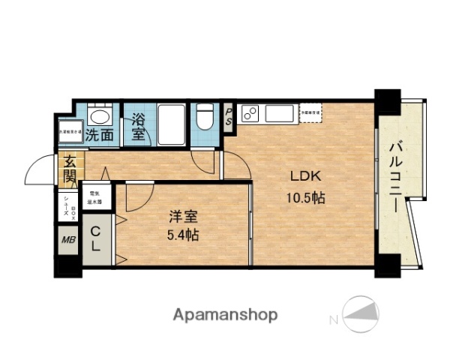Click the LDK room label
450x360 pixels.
(306, 178)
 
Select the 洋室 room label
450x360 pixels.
(182, 217)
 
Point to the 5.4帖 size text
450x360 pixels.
(182, 235)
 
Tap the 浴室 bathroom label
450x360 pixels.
(139, 127)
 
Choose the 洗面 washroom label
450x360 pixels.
(99, 136)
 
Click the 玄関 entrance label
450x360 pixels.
(69, 169)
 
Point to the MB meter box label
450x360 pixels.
(67, 241)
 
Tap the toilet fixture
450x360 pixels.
(204, 118)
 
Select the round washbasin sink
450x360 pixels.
(98, 115)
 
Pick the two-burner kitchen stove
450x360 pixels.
(250, 115)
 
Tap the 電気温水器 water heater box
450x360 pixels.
(96, 197)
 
